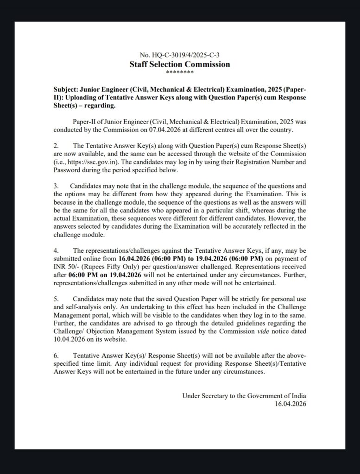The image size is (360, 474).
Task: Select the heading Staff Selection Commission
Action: tap(180, 64)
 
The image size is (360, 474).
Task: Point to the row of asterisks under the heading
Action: tap(180, 72)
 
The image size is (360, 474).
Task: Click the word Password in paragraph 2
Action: tap(69, 170)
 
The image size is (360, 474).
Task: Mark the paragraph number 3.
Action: tap(55, 186)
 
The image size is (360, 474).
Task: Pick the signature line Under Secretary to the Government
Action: tap(244, 396)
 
